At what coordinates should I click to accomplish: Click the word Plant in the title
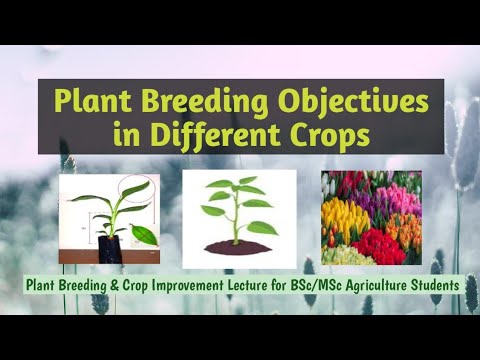coord(95,102)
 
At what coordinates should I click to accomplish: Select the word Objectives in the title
coord(351,102)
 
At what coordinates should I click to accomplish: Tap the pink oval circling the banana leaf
coord(135,189)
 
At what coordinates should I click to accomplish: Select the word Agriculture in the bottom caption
coord(383,284)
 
